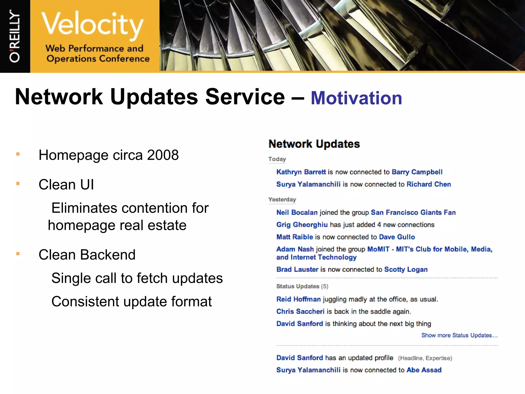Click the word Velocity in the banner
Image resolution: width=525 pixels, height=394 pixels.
tap(92, 24)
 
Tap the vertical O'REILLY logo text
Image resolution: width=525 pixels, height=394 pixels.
tap(15, 36)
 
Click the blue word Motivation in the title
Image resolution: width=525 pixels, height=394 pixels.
tap(356, 98)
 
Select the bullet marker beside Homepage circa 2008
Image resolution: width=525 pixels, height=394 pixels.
tap(18, 154)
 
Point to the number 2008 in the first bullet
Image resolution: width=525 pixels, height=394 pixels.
tap(163, 155)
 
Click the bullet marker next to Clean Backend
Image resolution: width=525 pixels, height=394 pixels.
tap(18, 254)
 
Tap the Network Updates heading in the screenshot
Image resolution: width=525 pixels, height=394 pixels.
tap(314, 144)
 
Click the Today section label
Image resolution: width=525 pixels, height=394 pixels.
tap(277, 159)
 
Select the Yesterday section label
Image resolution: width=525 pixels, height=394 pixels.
tap(282, 200)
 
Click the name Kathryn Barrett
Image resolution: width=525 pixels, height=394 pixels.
tap(301, 172)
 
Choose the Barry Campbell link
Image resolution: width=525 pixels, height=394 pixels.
tap(417, 172)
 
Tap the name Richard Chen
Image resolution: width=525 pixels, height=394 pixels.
tap(429, 184)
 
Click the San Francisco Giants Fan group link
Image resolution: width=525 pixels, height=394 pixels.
tap(413, 212)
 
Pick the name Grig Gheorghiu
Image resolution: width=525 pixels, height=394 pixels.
tap(302, 225)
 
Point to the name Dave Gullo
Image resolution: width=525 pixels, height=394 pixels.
tap(397, 237)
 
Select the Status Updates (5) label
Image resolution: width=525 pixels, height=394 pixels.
tap(302, 286)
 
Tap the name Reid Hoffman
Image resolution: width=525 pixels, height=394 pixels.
tap(298, 299)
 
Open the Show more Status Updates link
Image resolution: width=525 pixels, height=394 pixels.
tap(459, 335)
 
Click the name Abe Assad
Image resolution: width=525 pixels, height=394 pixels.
tap(424, 370)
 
